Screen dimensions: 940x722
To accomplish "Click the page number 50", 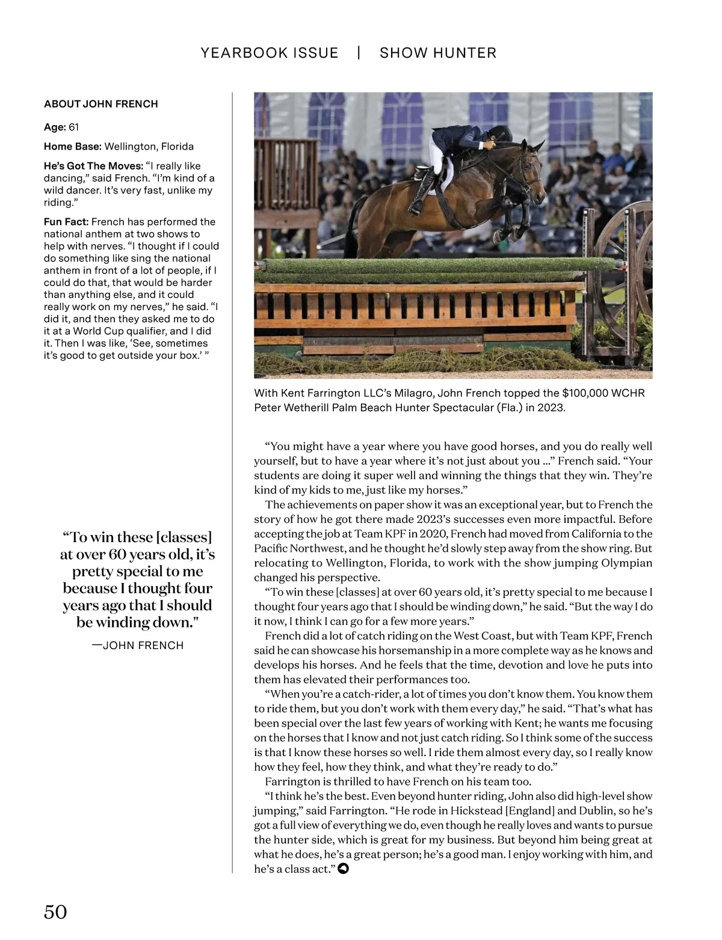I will [55, 912].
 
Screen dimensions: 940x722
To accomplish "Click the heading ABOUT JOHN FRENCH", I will [101, 104].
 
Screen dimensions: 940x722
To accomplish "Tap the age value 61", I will [74, 127].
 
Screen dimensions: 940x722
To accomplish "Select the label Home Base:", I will [73, 147].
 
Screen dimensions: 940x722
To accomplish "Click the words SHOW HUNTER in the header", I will [438, 53].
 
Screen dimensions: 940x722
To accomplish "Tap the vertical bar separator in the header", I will [359, 53].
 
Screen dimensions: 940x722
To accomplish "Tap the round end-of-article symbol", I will [343, 869].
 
